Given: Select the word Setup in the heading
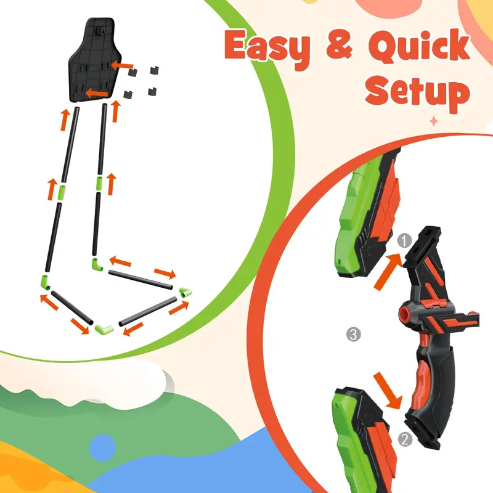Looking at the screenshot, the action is [418, 91].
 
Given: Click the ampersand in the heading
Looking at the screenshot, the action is [340, 46].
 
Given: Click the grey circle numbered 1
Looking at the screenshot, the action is [404, 241].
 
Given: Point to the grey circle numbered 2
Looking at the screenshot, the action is [405, 439].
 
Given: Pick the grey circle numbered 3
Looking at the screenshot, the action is [353, 334].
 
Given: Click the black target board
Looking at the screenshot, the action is [94, 60].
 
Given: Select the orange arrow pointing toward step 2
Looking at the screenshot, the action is [388, 391].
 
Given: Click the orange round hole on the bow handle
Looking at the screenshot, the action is [404, 314].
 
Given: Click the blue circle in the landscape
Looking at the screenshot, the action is [102, 448].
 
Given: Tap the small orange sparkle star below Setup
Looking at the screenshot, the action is [434, 121].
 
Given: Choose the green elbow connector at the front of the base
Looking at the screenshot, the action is [104, 329].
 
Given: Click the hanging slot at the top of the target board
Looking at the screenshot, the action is [101, 30].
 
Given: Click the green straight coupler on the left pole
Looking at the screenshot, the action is [62, 193].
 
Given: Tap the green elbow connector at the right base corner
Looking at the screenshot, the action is [186, 291].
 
